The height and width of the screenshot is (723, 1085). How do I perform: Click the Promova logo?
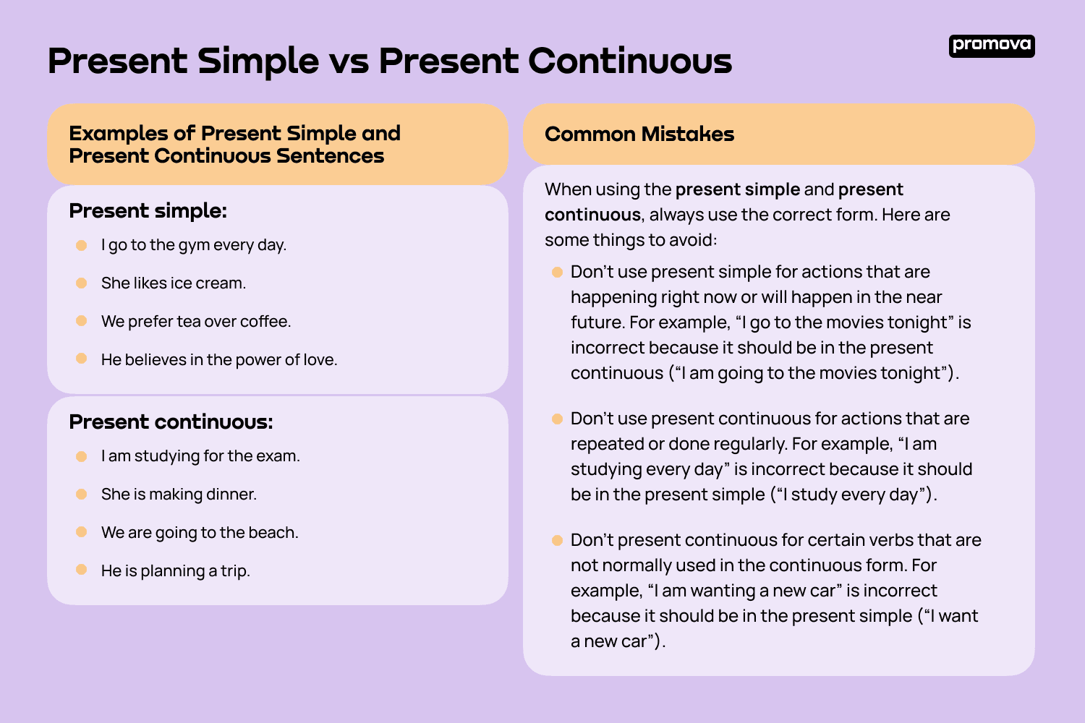pos(991,46)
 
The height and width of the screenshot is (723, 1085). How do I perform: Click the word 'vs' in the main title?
pos(348,61)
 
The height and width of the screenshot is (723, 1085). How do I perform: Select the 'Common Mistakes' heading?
pos(639,134)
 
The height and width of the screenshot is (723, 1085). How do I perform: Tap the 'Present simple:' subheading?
pos(148,211)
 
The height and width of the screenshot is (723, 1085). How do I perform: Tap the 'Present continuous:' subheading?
pos(171,422)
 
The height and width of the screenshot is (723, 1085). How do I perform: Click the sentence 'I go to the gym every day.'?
pos(194,245)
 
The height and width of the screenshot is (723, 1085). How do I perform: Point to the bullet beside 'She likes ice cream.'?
pos(82,283)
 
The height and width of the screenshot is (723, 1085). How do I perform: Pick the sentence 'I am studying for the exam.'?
pos(200,456)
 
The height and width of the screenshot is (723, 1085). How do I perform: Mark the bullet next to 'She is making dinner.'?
pos(82,495)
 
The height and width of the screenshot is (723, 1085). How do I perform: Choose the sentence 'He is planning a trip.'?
pos(175,571)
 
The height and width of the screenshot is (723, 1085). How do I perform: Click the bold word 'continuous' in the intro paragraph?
pos(592,215)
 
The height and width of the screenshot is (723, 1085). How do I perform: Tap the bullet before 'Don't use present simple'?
pos(557,273)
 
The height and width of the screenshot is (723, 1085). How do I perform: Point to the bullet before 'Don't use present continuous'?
pos(557,419)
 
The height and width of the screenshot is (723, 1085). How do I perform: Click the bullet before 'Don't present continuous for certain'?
pos(557,541)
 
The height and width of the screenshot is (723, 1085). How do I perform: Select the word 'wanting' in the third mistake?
pos(722,591)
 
